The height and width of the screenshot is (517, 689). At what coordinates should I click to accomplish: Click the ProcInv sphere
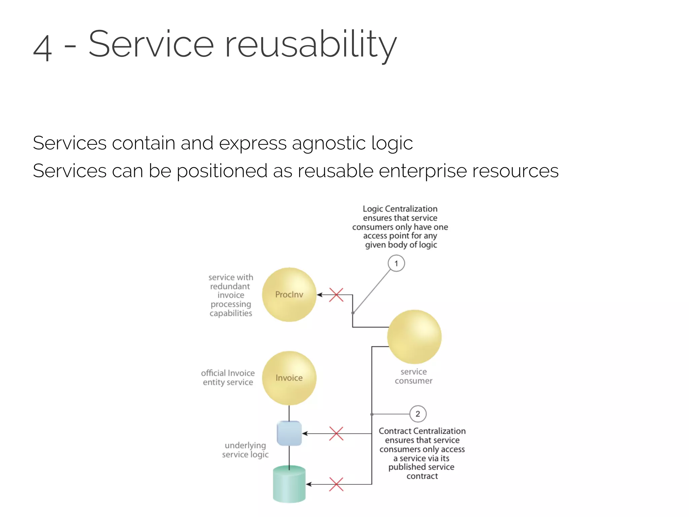pos(289,295)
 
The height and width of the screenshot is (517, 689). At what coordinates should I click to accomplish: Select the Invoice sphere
pos(289,378)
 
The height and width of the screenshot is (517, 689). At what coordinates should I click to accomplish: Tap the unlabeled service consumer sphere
pos(414,337)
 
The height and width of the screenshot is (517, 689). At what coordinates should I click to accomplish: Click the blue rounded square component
pos(289,433)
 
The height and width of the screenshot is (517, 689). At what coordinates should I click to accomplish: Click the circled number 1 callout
pos(396,263)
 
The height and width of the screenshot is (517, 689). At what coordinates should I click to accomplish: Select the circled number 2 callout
pos(418,414)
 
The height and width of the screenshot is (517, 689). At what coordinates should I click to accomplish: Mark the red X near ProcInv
pos(336,295)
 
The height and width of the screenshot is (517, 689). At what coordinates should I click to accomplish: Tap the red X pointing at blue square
pos(336,434)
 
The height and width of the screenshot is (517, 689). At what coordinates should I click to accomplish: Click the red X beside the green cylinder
pos(336,484)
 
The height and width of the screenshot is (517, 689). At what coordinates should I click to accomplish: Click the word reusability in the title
pos(310,44)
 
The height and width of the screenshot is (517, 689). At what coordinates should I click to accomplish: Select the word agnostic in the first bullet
pos(328,143)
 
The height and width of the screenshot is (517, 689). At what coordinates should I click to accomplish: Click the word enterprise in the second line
pos(423,171)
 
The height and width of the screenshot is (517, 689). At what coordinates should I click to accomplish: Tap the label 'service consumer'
pos(413,376)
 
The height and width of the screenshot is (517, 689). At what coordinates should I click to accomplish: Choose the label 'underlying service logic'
pos(245,450)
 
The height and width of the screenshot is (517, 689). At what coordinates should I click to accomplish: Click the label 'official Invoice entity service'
pos(228,378)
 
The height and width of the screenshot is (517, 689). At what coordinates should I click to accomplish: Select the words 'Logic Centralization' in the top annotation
pos(400,209)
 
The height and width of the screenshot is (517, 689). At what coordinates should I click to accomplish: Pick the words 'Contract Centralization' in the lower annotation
pos(422,431)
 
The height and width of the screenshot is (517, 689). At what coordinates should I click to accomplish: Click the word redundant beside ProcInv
pos(230,286)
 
